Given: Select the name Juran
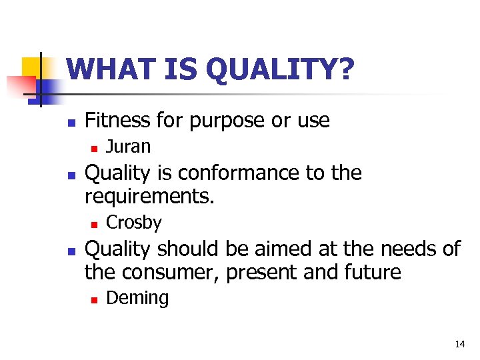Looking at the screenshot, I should coord(129,146).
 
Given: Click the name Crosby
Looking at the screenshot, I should coord(134,222).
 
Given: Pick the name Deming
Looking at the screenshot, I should coord(137,298).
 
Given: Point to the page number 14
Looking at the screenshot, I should coord(459,344).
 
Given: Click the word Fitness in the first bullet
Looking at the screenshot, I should coord(117,120).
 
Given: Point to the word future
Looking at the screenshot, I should coord(378,273).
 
